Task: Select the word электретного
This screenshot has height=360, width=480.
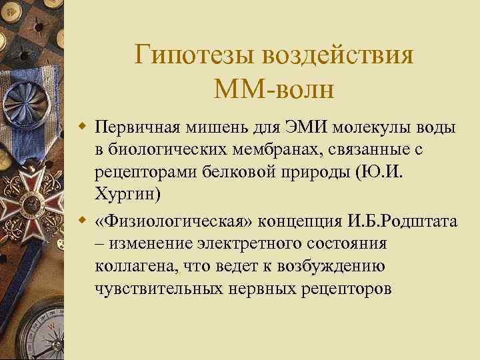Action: click(237, 244)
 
